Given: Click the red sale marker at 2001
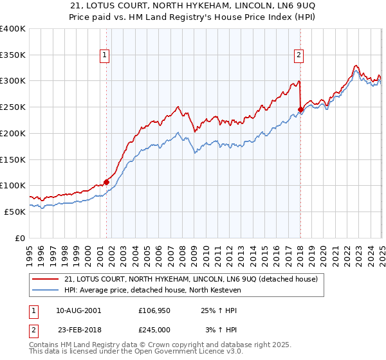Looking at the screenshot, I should [x=106, y=182].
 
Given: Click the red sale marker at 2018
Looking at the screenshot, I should [x=300, y=109].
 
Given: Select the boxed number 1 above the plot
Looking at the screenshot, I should [x=105, y=56].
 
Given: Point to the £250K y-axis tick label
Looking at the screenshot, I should [x=13, y=107].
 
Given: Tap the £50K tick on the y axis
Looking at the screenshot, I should [x=15, y=212].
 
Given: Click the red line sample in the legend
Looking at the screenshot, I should [x=46, y=279].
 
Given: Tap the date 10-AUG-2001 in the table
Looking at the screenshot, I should [x=78, y=310].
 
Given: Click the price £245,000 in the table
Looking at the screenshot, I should [x=155, y=329].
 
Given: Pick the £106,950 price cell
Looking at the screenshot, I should [x=155, y=310].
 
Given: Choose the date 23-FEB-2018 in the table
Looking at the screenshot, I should [x=78, y=329].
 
